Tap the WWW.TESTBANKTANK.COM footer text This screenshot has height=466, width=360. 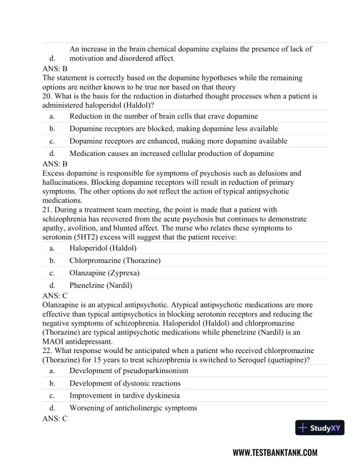click(x=275, y=452)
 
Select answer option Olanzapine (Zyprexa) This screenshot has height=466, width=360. click(x=104, y=272)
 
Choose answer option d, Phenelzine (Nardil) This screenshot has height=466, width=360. click(x=101, y=285)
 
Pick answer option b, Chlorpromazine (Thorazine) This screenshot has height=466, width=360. click(x=115, y=259)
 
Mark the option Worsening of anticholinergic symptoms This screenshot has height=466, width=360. click(x=133, y=408)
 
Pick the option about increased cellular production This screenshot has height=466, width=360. click(x=171, y=153)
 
